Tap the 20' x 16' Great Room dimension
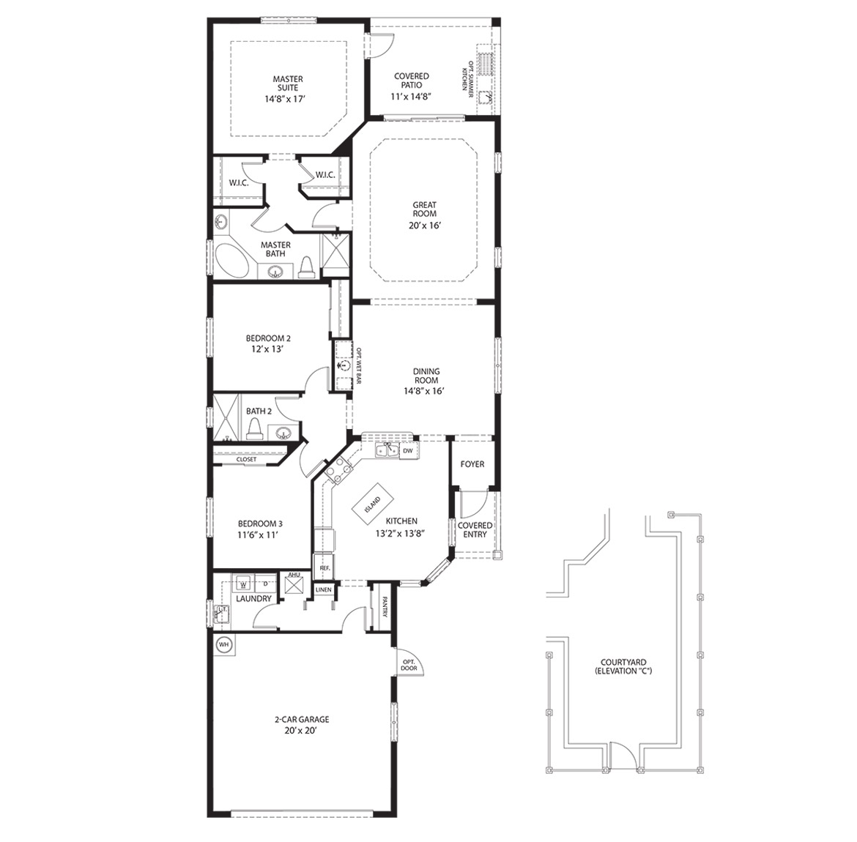click(x=423, y=226)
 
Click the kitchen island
click(x=373, y=503)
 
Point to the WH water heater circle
click(x=224, y=646)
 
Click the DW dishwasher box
click(x=408, y=451)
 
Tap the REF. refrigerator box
click(x=324, y=567)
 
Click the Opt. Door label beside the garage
click(x=409, y=665)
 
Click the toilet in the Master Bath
click(x=306, y=269)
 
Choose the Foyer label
click(x=472, y=464)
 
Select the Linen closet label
click(x=324, y=589)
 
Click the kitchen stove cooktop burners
click(x=338, y=469)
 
